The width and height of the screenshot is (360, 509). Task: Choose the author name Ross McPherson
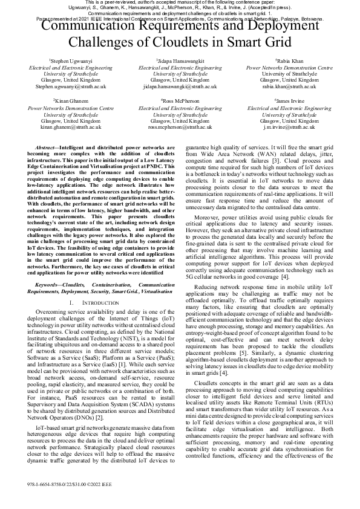180,100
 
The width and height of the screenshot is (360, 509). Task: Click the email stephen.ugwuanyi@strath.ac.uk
66,86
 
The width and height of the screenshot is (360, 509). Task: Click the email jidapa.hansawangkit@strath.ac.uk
180,86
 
